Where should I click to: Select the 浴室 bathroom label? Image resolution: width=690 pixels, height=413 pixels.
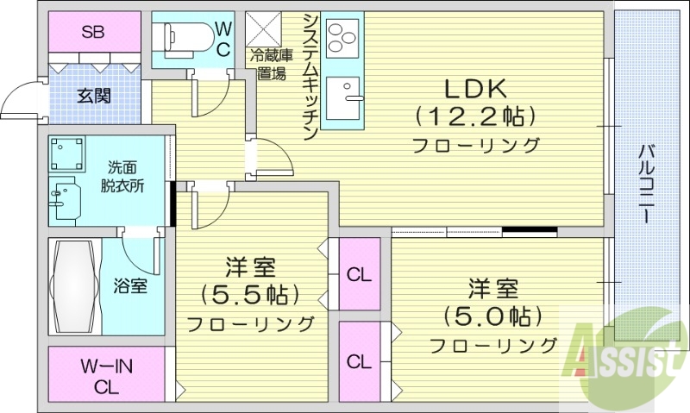pyautogui.click(x=129, y=286)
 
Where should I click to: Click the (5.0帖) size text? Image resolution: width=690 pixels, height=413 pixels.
pyautogui.click(x=493, y=316)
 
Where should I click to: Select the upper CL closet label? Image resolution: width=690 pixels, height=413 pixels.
pyautogui.click(x=359, y=275)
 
